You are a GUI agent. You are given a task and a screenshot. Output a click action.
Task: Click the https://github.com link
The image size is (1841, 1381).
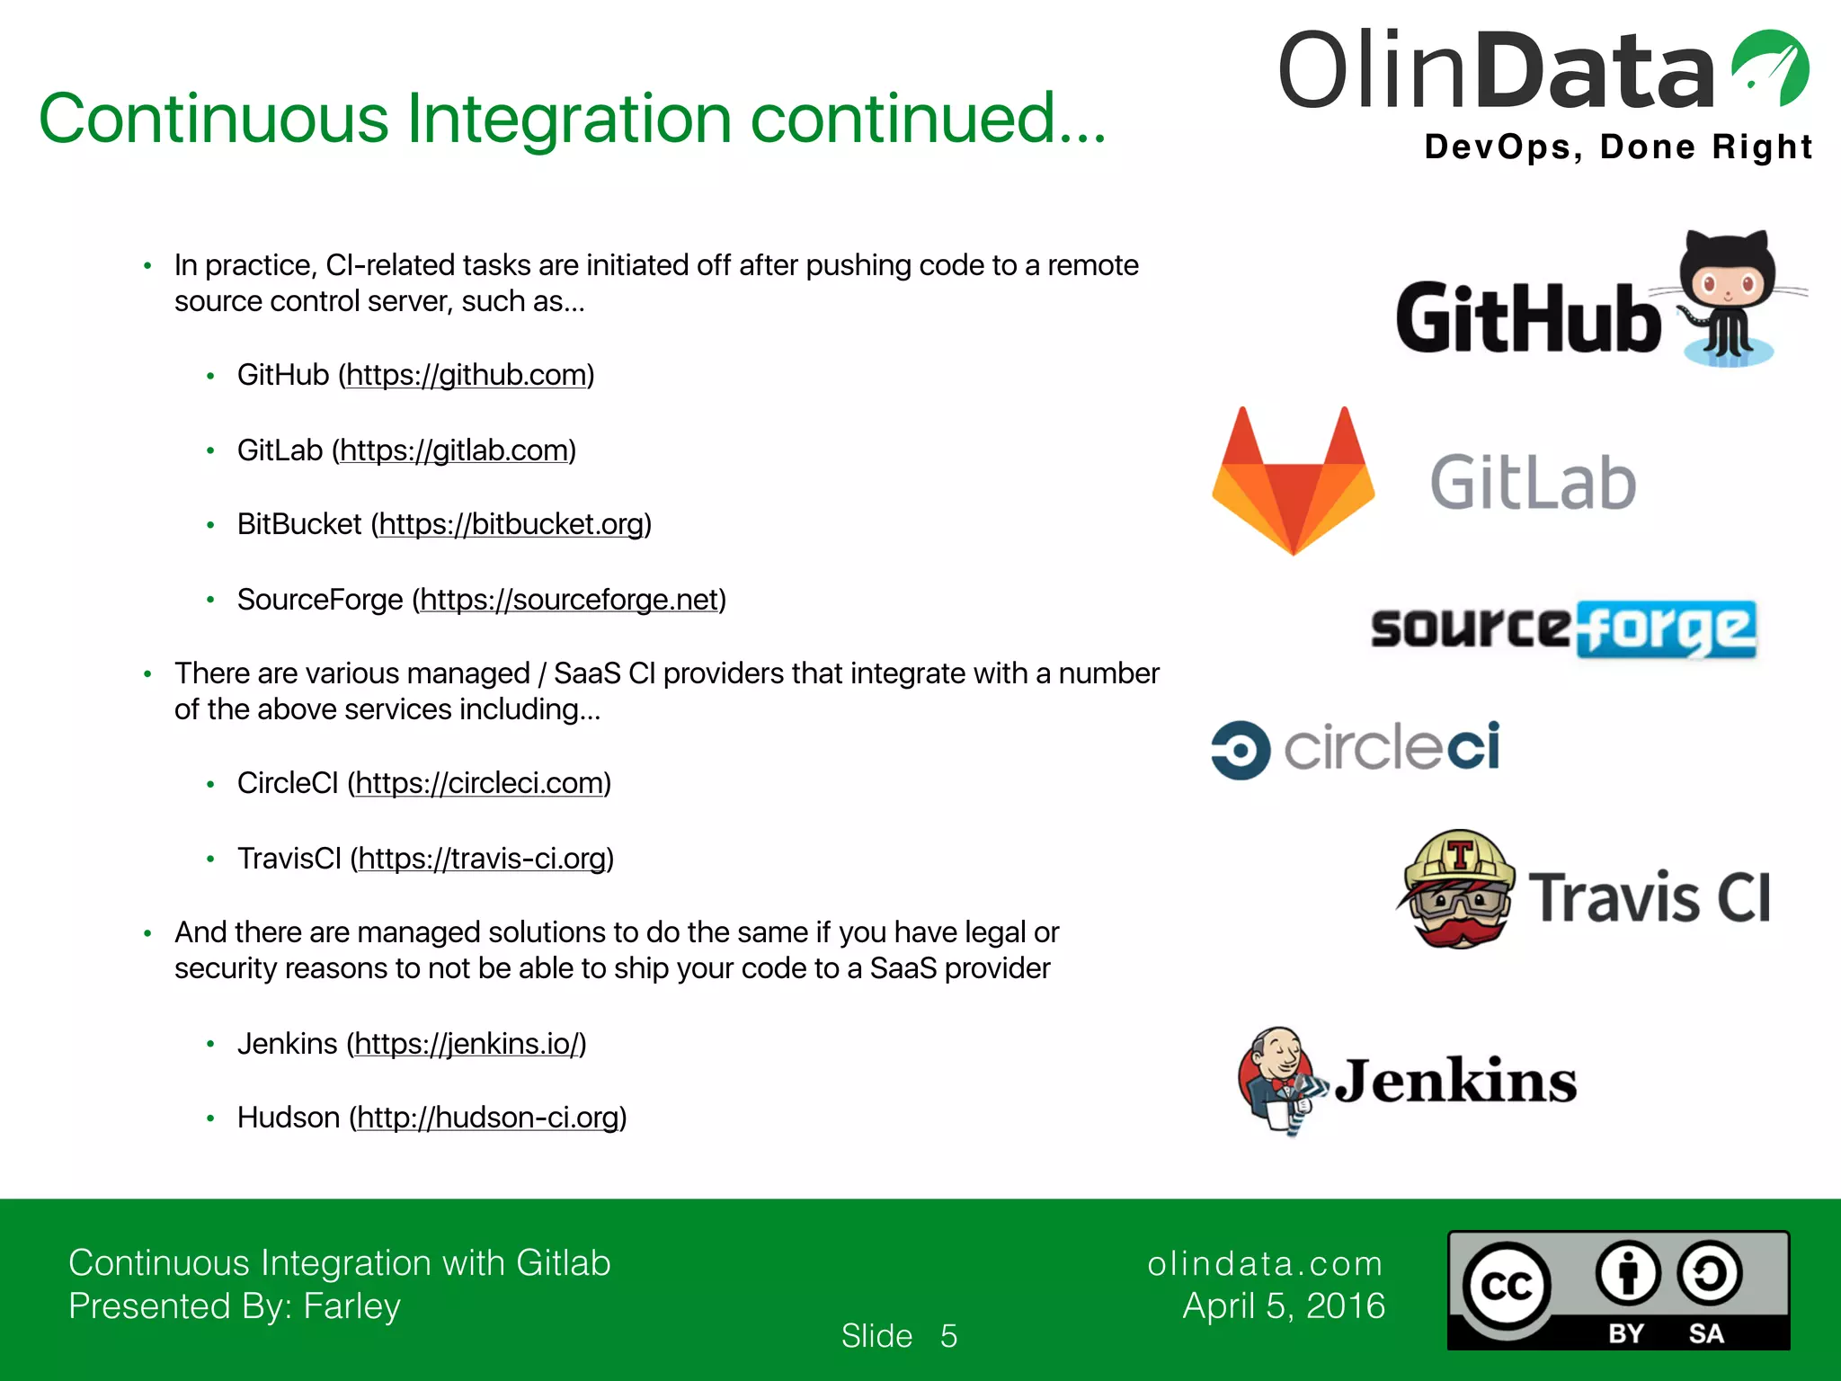click(466, 375)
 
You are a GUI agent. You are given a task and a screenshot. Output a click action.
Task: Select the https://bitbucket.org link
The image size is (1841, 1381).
click(511, 524)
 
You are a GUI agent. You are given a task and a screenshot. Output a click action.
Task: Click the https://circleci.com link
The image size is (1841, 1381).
click(479, 783)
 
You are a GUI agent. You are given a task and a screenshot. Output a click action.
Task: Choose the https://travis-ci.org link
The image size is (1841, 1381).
click(482, 859)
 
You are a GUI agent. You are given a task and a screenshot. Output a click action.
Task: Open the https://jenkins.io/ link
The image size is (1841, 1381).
click(466, 1044)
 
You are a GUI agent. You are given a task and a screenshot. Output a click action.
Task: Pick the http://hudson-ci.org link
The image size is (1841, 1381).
click(488, 1118)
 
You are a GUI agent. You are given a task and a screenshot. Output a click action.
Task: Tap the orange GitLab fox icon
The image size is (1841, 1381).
click(1293, 481)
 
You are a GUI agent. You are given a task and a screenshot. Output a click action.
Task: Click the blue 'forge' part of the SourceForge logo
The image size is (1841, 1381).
click(1666, 628)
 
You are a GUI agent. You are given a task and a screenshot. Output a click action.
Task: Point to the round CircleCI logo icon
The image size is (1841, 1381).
click(1241, 749)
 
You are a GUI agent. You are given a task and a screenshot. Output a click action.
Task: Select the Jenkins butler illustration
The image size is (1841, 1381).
click(1279, 1079)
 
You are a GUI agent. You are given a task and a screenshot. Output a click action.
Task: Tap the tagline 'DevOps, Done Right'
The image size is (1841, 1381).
click(1617, 147)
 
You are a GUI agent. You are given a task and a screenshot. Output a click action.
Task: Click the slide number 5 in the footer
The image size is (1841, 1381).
click(948, 1336)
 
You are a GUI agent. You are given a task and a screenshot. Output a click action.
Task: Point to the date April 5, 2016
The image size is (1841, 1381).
click(1284, 1305)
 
